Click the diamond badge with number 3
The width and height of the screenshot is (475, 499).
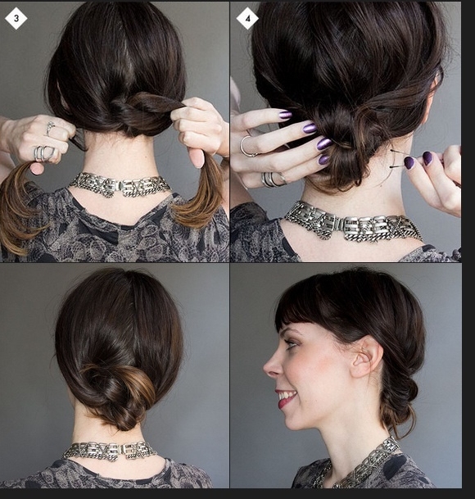coord(16,19)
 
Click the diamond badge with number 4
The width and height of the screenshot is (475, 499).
coord(247,19)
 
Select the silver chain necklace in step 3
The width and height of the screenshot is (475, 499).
coord(120,184)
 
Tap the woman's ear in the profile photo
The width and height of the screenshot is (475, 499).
coord(366,356)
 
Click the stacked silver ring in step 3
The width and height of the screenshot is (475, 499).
coord(44,153)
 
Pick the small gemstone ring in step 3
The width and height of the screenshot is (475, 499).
coord(51,128)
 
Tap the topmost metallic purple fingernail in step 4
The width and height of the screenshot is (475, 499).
coord(285,114)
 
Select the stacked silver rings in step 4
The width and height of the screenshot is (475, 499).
coord(273,179)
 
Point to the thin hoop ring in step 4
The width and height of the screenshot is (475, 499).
coord(247,147)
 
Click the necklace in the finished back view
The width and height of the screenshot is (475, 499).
coord(110,451)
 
